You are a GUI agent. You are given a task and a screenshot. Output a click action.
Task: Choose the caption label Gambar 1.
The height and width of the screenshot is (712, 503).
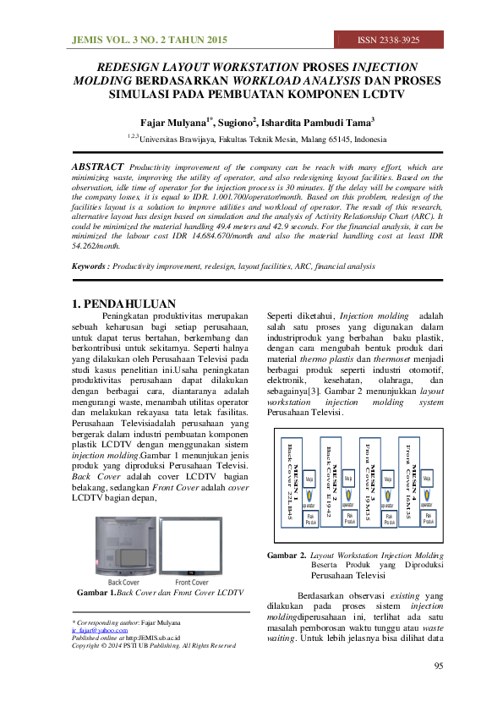[94, 594]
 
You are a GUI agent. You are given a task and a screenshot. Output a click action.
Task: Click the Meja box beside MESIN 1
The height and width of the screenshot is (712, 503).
[309, 479]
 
